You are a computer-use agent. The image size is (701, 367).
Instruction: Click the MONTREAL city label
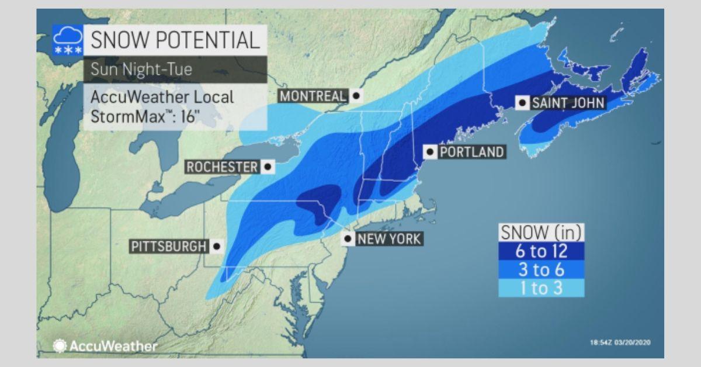pyautogui.click(x=313, y=96)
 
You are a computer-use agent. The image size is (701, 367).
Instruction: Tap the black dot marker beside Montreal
pyautogui.click(x=355, y=95)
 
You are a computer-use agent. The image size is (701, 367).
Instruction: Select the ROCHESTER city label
pyautogui.click(x=222, y=167)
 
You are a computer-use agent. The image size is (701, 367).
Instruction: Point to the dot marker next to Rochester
pyautogui.click(x=268, y=167)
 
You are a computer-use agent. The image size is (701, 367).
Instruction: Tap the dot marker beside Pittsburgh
pyautogui.click(x=217, y=247)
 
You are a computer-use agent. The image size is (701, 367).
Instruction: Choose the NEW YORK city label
pyautogui.click(x=388, y=238)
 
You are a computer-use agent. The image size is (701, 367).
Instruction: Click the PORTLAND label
pyautogui.click(x=471, y=152)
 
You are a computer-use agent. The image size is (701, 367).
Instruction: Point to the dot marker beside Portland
pyautogui.click(x=431, y=152)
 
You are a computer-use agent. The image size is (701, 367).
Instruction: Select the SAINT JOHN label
pyautogui.click(x=567, y=103)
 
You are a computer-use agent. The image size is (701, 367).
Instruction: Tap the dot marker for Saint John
pyautogui.click(x=523, y=103)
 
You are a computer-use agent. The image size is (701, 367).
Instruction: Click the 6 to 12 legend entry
pyautogui.click(x=542, y=251)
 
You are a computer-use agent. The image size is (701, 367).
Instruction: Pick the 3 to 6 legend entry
pyautogui.click(x=542, y=269)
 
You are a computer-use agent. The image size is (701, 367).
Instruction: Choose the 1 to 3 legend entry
pyautogui.click(x=542, y=288)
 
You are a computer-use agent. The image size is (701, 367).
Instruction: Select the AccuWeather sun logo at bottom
pyautogui.click(x=60, y=345)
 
